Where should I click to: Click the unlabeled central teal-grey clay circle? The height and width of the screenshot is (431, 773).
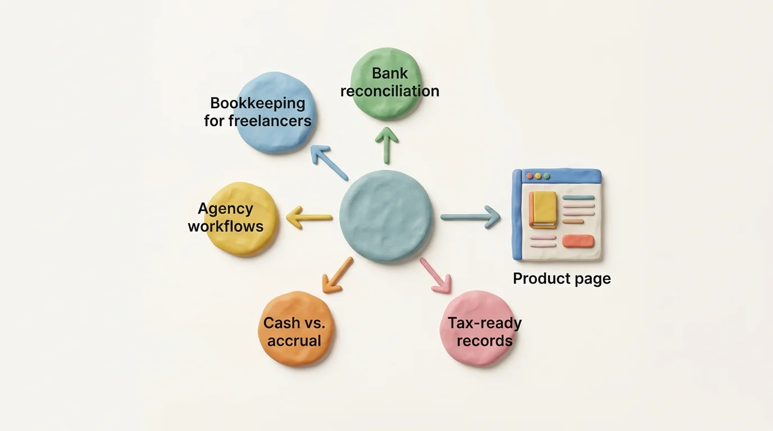(x=386, y=217)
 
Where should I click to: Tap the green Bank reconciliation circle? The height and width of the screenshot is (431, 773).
(x=386, y=84)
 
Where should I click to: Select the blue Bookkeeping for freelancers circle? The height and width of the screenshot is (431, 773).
(x=275, y=112)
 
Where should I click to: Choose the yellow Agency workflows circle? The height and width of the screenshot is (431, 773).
(x=241, y=219)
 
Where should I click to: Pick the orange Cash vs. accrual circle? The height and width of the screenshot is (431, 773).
(x=295, y=329)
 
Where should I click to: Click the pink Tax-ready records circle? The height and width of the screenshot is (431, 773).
(x=478, y=329)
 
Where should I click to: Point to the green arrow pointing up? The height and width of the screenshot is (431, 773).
(x=387, y=145)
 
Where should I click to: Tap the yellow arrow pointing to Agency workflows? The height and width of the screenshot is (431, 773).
(x=309, y=217)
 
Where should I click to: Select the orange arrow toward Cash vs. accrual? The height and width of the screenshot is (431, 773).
(x=337, y=276)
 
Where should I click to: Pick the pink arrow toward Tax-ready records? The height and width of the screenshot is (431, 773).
(x=436, y=276)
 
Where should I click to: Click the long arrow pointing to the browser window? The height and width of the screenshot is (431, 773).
(x=471, y=217)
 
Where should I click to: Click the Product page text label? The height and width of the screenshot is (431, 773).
(x=562, y=279)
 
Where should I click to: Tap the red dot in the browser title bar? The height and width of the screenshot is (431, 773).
(x=530, y=176)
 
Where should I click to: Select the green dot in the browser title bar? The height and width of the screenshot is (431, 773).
(x=547, y=176)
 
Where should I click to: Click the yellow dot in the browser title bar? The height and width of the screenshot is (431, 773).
(x=538, y=176)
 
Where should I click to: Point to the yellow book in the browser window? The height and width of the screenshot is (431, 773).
(x=543, y=210)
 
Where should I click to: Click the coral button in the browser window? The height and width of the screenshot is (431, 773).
(x=579, y=241)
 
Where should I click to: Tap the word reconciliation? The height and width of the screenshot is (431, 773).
(x=390, y=91)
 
